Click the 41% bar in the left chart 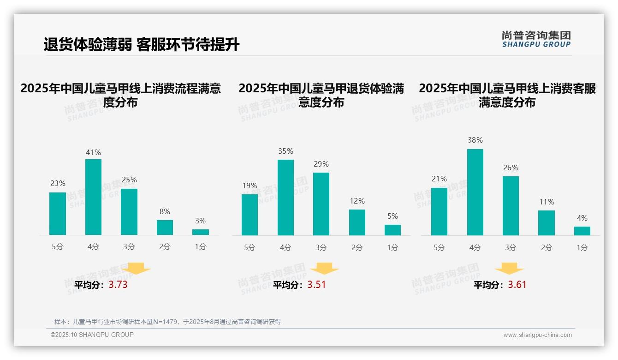point(94,197)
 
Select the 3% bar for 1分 point(201,232)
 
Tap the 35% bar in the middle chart point(285,198)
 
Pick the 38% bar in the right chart point(475,192)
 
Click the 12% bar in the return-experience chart point(357,222)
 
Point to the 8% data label point(165,211)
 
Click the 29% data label point(321,164)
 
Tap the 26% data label point(511,168)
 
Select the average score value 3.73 point(118,285)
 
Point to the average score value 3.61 point(517,285)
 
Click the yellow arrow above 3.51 point(324,269)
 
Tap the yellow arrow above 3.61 point(509,269)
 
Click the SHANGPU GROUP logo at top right point(536,39)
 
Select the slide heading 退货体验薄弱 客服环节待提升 point(142,45)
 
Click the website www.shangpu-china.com point(537,335)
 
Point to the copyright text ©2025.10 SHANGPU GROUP point(92,335)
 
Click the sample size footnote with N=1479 point(167,322)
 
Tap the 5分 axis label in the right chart point(439,247)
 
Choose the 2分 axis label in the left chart point(165,246)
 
